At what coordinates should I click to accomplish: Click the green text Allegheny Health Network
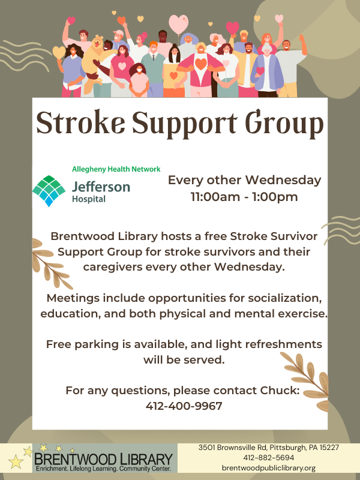[x=116, y=169]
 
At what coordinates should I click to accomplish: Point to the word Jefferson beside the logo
[x=101, y=187]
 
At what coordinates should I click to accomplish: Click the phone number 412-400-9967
[x=184, y=406]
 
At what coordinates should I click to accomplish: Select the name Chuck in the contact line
[x=280, y=391]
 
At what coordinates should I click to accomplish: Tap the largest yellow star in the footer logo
[x=15, y=461]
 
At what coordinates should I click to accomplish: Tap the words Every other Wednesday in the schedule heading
[x=244, y=180]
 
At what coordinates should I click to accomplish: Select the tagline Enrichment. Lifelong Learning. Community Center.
[x=103, y=468]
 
